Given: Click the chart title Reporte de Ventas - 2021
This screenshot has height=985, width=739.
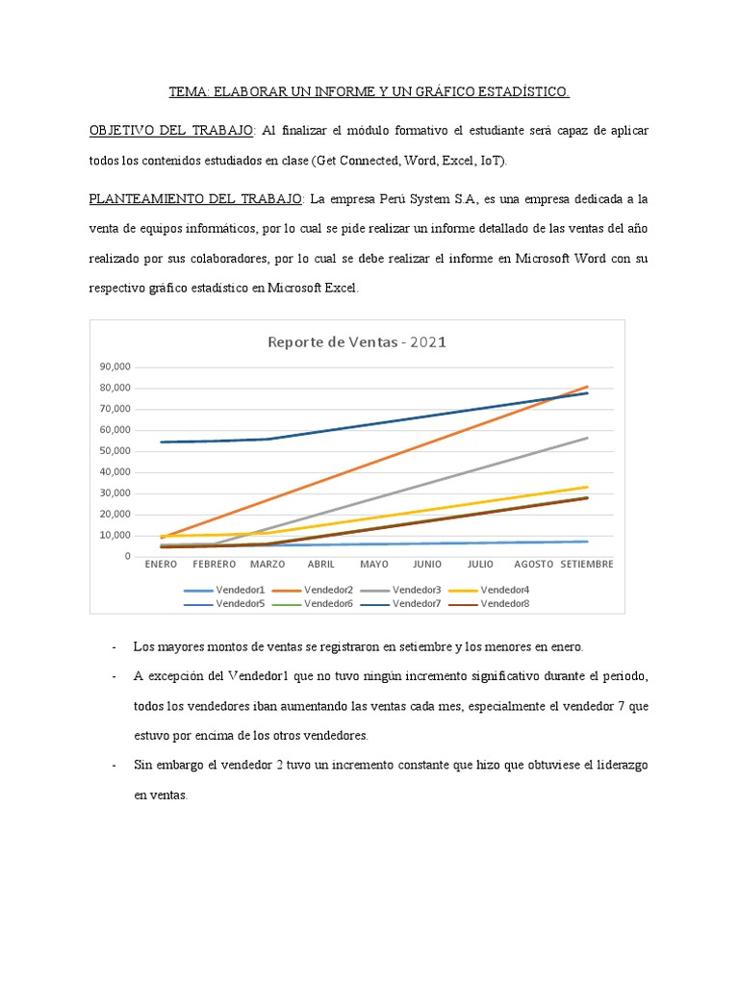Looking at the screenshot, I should (356, 341).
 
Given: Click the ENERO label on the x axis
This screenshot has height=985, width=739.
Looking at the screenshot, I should (161, 565).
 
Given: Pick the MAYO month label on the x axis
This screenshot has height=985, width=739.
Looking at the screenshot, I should (374, 565).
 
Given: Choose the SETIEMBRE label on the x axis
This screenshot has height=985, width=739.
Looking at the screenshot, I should (587, 565).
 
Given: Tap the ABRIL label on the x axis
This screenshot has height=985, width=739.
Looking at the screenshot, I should (320, 565).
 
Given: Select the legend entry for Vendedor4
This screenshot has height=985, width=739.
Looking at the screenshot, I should (504, 590).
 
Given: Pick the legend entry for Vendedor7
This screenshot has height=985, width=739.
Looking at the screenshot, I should (417, 604).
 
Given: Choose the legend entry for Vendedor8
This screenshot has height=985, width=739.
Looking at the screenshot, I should (504, 604).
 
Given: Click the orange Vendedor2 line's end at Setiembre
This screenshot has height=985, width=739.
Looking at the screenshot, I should (587, 387).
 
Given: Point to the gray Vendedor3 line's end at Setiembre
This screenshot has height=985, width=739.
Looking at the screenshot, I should (587, 438).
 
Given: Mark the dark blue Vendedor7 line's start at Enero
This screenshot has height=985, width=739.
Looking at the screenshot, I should (162, 442).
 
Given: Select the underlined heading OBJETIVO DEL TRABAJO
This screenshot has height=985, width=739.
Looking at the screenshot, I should (171, 130).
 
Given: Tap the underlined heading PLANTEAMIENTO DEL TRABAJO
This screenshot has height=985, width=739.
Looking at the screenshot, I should (195, 200).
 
